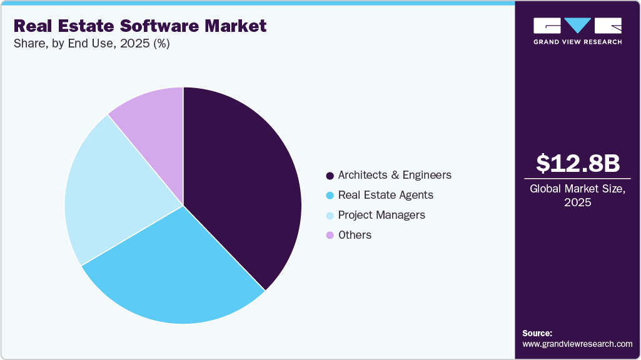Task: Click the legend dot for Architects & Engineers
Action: point(330,175)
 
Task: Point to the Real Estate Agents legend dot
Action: point(330,195)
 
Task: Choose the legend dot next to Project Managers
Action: point(330,215)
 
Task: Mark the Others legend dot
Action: point(330,235)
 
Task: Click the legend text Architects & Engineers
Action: point(395,175)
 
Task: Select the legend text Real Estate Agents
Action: point(385,195)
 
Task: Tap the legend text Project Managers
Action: point(381,215)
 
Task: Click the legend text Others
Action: point(355,235)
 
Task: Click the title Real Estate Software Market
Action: point(140,26)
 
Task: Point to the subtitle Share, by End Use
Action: point(91,44)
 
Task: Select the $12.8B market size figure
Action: point(578,163)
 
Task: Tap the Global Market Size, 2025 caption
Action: point(578,196)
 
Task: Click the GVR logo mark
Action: point(578,26)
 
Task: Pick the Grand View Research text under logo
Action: point(578,42)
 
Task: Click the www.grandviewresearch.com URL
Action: point(577,344)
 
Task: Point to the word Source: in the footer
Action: point(537,333)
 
